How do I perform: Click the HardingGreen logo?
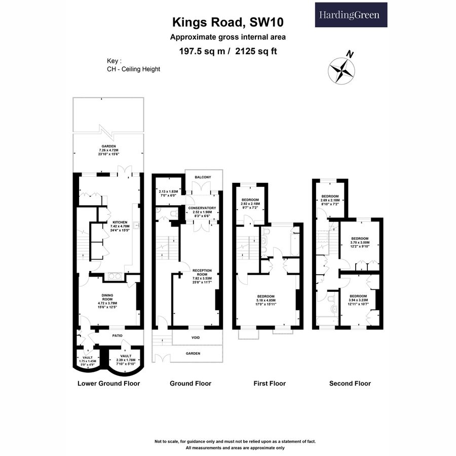[x=351, y=15]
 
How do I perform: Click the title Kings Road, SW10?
[x=227, y=22]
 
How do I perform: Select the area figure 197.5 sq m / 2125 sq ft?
[x=227, y=51]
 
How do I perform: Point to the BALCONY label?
[x=203, y=177]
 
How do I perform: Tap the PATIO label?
[x=118, y=335]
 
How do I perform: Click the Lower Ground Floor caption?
[x=108, y=384]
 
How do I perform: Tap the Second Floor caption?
[x=350, y=384]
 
